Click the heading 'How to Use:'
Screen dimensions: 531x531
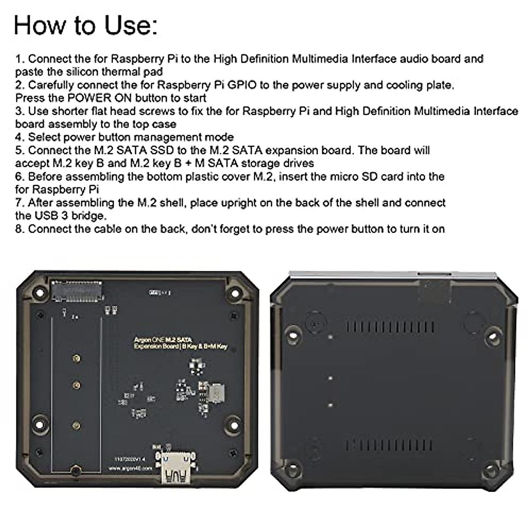tap(85, 25)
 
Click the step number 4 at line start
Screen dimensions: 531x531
tap(19, 137)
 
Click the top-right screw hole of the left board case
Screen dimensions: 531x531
tap(230, 293)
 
